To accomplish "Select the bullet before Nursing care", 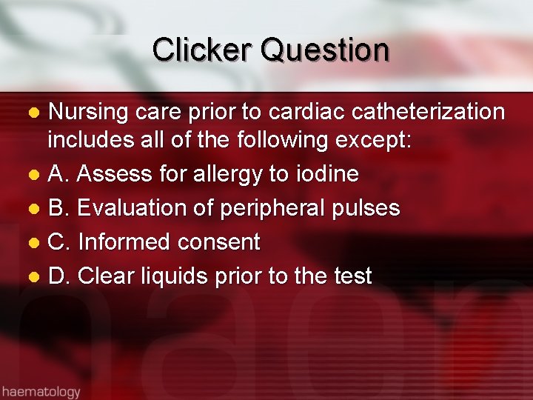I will pyautogui.click(x=33, y=113).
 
